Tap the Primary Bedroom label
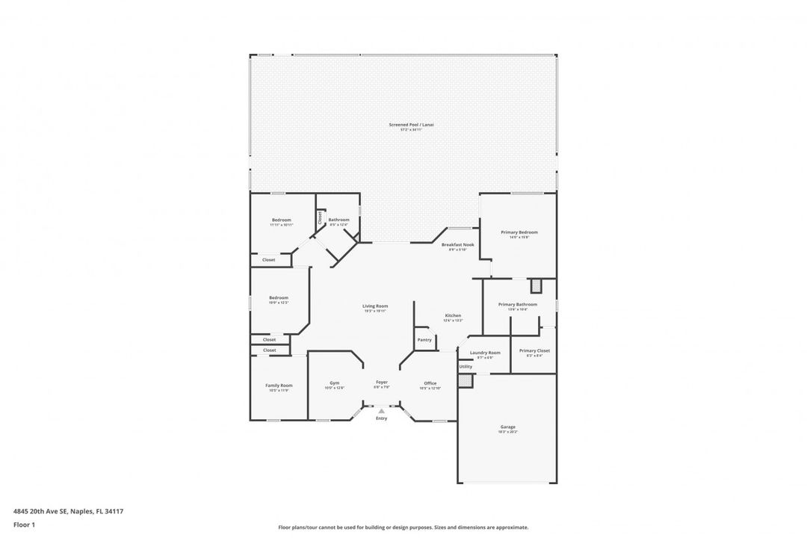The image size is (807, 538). click(519, 232)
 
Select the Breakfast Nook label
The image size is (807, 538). click(457, 244)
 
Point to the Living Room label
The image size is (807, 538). click(375, 306)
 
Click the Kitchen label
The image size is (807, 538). click(453, 315)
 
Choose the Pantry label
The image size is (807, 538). click(424, 340)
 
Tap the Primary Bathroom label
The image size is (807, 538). click(518, 304)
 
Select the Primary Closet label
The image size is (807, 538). click(534, 350)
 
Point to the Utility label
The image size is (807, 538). click(466, 367)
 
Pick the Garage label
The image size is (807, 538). click(507, 427)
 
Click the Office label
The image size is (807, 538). click(430, 383)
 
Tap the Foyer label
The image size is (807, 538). click(381, 383)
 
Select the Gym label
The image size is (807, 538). click(334, 383)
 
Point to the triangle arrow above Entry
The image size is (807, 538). click(381, 410)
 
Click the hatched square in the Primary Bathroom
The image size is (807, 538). click(536, 285)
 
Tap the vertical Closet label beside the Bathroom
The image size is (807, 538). click(320, 217)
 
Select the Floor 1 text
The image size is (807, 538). click(24, 525)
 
